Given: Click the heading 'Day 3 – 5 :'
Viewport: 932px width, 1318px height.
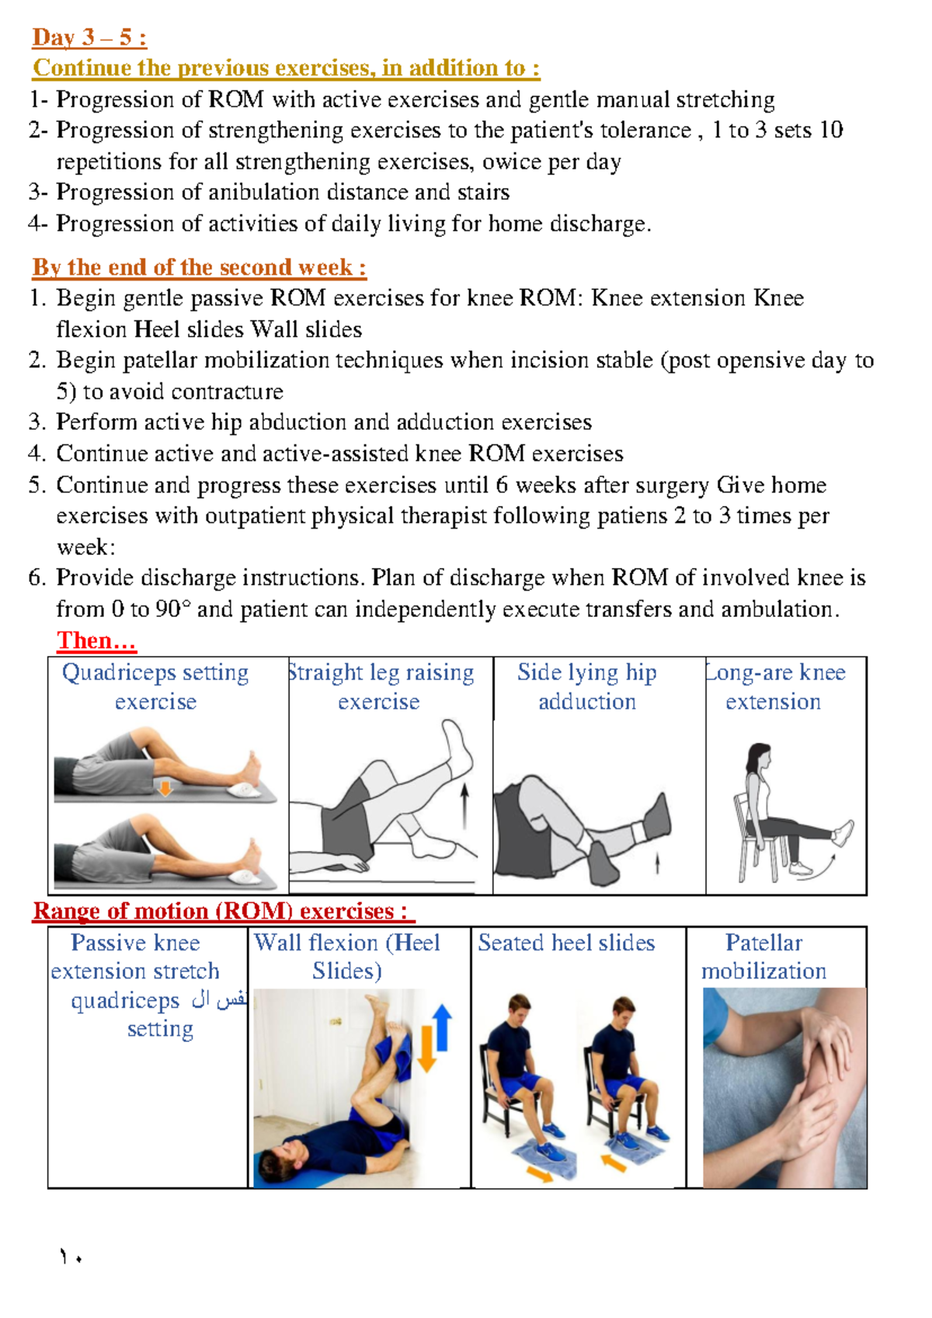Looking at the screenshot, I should click(x=89, y=37).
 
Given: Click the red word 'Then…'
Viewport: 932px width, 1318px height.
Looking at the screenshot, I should click(x=96, y=640).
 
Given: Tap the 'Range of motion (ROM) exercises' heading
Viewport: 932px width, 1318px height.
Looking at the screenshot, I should click(x=219, y=911).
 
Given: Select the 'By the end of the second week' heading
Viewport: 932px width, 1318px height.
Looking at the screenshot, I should click(x=199, y=267).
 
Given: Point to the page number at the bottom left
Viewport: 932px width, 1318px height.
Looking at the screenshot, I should click(x=70, y=1257).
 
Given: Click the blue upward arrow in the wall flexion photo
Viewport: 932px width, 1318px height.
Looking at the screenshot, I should click(x=442, y=1026).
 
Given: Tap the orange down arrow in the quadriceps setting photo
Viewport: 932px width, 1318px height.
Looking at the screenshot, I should click(x=165, y=788).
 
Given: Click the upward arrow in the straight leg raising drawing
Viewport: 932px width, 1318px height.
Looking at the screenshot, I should click(x=464, y=805).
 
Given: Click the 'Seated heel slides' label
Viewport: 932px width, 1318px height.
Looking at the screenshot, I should click(x=566, y=943).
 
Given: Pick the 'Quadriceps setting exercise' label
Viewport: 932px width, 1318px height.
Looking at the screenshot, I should click(x=155, y=686).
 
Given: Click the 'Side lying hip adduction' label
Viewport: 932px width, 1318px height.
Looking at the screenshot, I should click(x=587, y=686).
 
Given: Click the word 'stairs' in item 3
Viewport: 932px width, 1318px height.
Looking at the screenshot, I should click(x=484, y=192).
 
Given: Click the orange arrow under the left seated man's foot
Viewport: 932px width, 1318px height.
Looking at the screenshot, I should click(x=540, y=1173).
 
